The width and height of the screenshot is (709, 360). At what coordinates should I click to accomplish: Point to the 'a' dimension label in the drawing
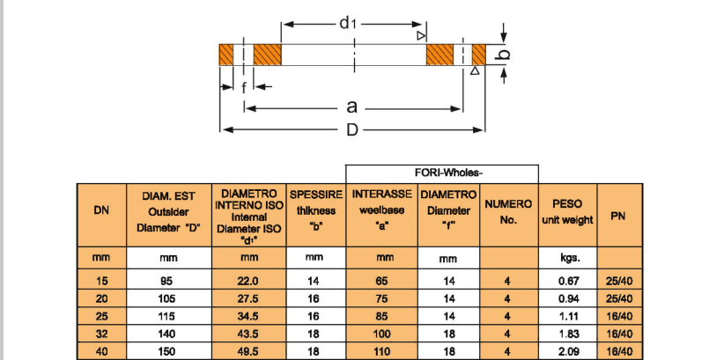click(x=351, y=107)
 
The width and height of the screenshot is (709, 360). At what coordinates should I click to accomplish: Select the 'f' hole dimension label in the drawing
click(x=243, y=87)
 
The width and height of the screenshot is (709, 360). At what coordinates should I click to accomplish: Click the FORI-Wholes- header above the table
click(x=441, y=173)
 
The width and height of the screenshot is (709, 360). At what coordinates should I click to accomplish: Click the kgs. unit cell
click(x=567, y=258)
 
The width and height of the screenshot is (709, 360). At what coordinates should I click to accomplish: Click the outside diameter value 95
click(x=167, y=281)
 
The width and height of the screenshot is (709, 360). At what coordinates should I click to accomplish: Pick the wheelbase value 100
click(x=380, y=334)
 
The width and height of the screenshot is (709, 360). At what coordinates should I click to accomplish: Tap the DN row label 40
click(x=101, y=351)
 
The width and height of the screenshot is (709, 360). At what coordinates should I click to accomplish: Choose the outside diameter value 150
click(x=167, y=351)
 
